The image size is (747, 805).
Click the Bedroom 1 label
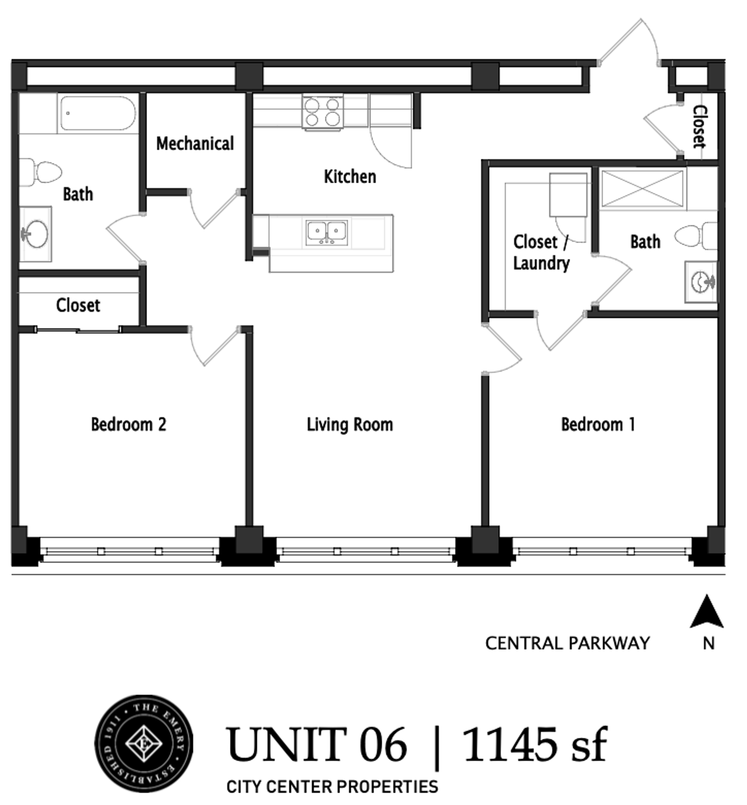click(598, 424)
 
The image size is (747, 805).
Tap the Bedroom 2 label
click(129, 424)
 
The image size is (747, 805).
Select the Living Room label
click(350, 425)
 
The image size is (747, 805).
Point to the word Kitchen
click(350, 177)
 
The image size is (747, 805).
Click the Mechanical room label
click(195, 143)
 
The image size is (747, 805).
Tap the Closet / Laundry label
click(541, 253)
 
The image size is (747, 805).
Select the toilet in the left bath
click(40, 172)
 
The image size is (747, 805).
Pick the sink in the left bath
click(36, 234)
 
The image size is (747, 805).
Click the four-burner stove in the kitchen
click(322, 112)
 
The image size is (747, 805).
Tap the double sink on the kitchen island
click(327, 233)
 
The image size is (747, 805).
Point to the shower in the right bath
click(642, 188)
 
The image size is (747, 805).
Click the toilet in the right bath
click(696, 236)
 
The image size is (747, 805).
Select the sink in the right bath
click(701, 281)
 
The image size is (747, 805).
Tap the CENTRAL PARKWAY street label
click(568, 643)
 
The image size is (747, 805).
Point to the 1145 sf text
click(535, 745)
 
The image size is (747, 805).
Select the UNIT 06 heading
click(316, 745)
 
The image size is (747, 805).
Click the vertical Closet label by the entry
click(700, 127)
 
